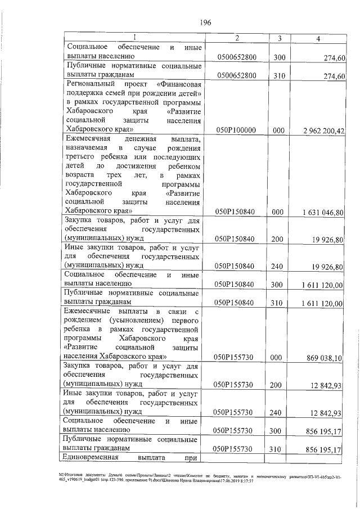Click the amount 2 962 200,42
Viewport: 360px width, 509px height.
coord(323,130)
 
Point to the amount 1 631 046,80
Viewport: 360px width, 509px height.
coord(323,212)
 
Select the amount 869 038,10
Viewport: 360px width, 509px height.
coord(325,358)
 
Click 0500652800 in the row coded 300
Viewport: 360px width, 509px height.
coord(236,58)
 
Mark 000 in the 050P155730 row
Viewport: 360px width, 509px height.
coord(276,358)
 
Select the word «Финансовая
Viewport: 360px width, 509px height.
coord(179,84)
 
